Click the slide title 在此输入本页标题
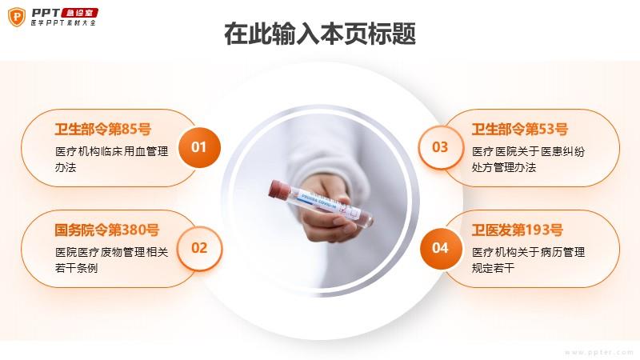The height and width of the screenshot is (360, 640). tap(320, 34)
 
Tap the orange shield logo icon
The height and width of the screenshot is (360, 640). tap(17, 17)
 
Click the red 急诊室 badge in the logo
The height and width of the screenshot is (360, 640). tap(79, 13)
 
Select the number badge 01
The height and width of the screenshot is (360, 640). tap(199, 147)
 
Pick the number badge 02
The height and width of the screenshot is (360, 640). tap(199, 248)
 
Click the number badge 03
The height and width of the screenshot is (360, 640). tap(441, 147)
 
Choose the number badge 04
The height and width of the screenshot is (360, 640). tap(441, 248)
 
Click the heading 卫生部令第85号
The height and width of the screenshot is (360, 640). tap(103, 130)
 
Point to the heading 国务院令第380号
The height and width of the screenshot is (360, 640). tap(107, 230)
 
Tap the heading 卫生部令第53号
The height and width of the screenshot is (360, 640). tap(520, 130)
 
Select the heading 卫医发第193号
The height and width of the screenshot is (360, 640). tap(518, 230)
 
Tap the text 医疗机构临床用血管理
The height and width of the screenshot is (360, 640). tap(112, 151)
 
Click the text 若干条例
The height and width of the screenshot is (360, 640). tap(76, 268)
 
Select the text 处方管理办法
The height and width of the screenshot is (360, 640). tap(504, 167)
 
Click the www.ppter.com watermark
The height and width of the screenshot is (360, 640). tap(598, 352)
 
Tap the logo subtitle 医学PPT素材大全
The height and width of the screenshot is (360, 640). tap(63, 23)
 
